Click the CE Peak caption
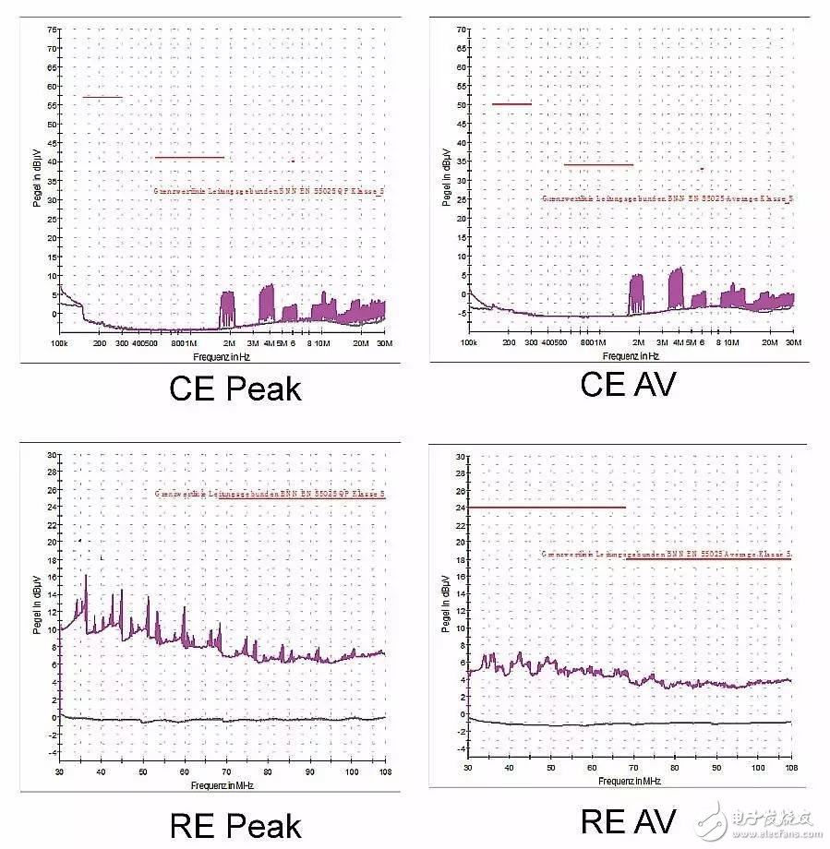click(235, 389)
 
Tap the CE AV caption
click(628, 384)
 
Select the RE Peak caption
click(235, 825)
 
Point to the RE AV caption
click(628, 819)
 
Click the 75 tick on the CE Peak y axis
click(53, 28)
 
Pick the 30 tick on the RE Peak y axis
click(53, 454)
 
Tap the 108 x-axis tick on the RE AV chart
click(791, 768)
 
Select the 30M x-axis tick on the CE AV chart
click(792, 342)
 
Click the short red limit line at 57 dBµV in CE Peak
click(102, 97)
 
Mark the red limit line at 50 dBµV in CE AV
click(511, 104)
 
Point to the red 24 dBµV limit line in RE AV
click(547, 507)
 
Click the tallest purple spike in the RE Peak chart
click(86, 578)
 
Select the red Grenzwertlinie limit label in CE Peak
click(269, 192)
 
